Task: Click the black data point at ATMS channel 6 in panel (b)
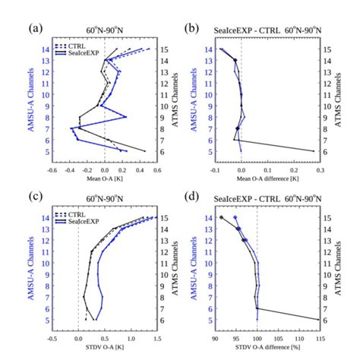click(312, 151)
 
